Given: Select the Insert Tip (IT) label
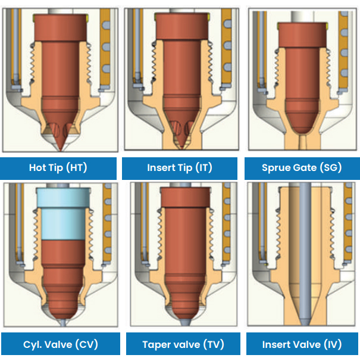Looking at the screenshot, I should pos(179,167).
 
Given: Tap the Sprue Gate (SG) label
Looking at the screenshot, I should pos(302,167).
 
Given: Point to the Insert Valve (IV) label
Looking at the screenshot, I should pos(302,344).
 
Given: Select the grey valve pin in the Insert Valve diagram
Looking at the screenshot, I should pos(303,250).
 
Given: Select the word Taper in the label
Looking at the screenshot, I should pos(157,344).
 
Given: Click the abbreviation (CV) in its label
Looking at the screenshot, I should pos(86,344).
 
